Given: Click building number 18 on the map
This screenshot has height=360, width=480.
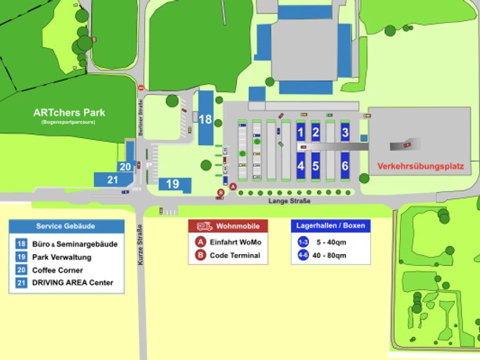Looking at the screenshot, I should (205, 119).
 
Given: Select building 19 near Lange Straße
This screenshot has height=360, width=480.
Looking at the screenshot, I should (173, 184).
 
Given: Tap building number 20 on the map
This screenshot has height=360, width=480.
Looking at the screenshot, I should (125, 166).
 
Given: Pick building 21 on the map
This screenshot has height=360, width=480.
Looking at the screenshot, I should (112, 180).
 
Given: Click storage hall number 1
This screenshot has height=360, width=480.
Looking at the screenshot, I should (300, 133).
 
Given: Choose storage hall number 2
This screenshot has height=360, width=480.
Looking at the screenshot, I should (315, 133).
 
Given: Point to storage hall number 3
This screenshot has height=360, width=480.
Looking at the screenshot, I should (345, 133).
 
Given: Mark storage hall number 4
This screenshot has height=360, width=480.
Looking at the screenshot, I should (300, 166).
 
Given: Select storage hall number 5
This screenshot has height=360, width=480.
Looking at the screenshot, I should (315, 166).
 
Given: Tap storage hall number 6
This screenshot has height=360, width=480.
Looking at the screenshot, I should (345, 166).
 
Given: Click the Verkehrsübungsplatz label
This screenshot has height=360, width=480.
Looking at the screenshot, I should (420, 166).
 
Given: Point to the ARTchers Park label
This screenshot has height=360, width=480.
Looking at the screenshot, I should (69, 113).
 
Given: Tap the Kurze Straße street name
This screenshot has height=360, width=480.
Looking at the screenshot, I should (141, 245).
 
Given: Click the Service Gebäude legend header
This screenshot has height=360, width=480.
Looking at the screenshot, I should (66, 226).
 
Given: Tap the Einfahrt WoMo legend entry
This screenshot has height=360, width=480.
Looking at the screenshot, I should (235, 242).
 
